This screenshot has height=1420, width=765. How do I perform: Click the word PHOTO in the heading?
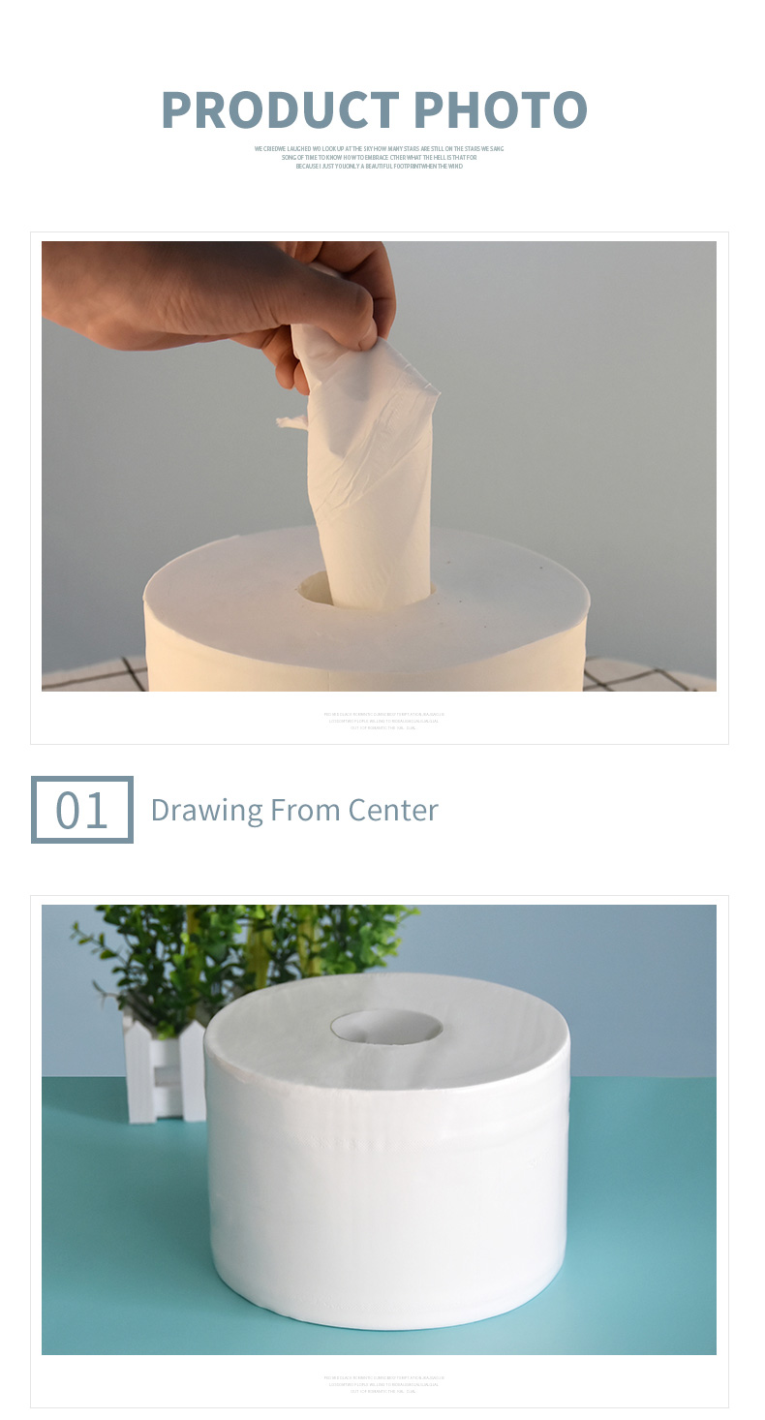click(504, 109)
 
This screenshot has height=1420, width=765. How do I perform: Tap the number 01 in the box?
click(81, 810)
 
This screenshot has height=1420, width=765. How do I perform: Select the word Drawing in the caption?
click(206, 810)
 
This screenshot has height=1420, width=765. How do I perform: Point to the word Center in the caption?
click(393, 810)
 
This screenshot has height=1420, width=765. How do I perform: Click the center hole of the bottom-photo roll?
click(386, 1027)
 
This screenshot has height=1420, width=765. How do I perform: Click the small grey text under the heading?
click(379, 157)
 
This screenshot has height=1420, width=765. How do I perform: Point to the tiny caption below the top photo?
click(382, 721)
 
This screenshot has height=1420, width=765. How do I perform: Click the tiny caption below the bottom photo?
click(382, 1384)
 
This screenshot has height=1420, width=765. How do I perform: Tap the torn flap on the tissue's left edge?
click(291, 421)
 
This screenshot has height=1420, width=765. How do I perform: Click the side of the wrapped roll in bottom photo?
click(387, 1211)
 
